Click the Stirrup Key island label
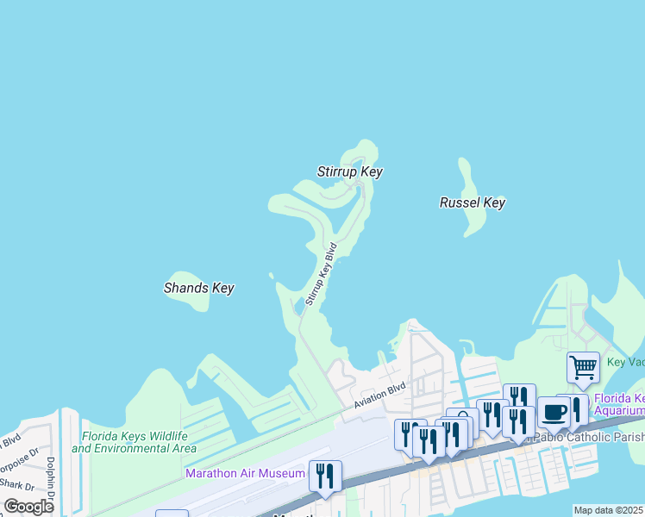[x=349, y=171]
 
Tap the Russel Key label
[x=472, y=202]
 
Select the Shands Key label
[x=198, y=288]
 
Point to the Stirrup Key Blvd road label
[x=320, y=274]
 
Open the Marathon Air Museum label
[x=245, y=473]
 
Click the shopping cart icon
[x=583, y=368]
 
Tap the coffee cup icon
[x=554, y=412]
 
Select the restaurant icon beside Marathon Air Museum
[x=325, y=476]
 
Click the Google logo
[x=28, y=507]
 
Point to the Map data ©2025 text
[x=608, y=510]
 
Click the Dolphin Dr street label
[x=50, y=479]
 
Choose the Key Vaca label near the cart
[x=625, y=363]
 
